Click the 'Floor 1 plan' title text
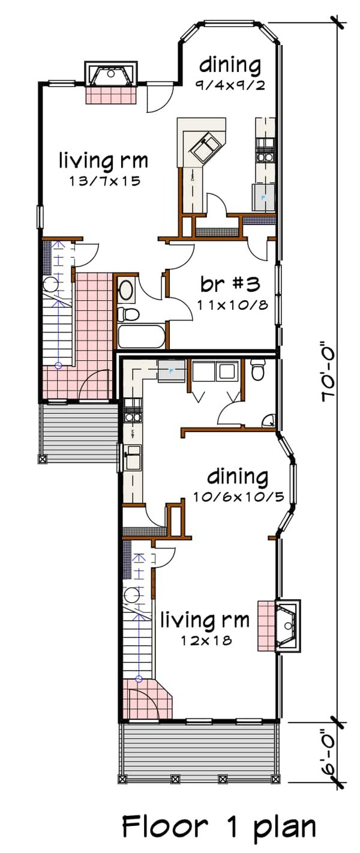(x=219, y=827)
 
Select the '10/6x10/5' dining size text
(x=238, y=497)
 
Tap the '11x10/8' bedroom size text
(x=232, y=304)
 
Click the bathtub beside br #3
(x=141, y=337)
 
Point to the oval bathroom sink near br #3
(x=127, y=291)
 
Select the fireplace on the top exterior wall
(x=112, y=74)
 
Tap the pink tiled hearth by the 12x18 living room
(x=265, y=625)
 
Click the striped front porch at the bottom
(x=199, y=751)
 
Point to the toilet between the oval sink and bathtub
(x=128, y=313)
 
